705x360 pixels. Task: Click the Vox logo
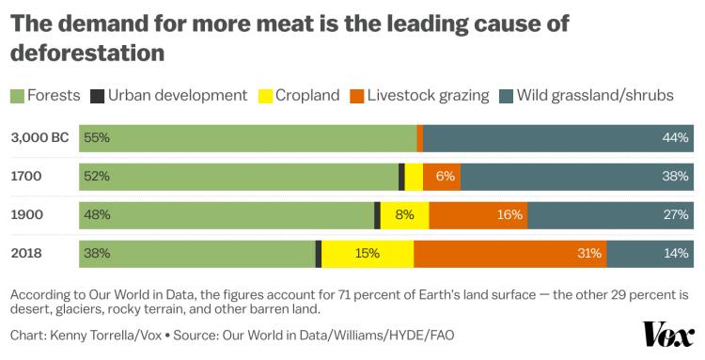point(668,335)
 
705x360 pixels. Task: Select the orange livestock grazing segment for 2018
point(509,253)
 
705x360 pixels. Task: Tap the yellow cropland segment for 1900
point(404,214)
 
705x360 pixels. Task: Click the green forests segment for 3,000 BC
point(248,137)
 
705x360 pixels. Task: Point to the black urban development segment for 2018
point(319,253)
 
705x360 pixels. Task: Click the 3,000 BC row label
point(39,137)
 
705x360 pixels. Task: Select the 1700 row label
point(26,176)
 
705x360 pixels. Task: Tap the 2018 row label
point(26,253)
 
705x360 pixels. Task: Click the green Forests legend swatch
point(17,96)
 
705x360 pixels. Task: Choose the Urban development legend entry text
point(178,96)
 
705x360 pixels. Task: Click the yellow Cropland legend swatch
point(266,96)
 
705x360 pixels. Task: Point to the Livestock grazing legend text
point(428,96)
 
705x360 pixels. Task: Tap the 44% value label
point(676,137)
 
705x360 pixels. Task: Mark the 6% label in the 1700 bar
point(446,176)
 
